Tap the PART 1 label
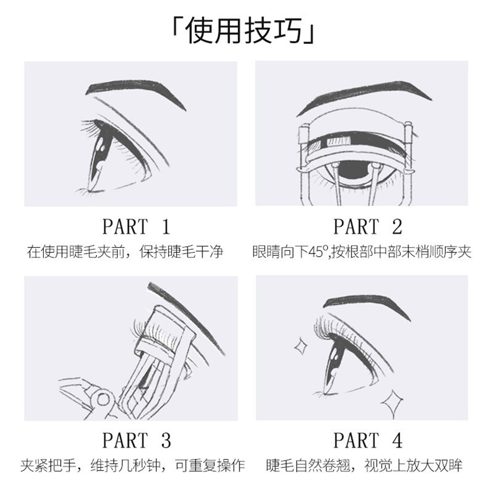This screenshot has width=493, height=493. (x=136, y=227)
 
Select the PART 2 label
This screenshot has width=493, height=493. (x=368, y=227)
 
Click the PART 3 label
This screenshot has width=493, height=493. (x=136, y=440)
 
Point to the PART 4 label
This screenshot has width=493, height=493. (x=368, y=440)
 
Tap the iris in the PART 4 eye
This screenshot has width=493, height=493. (x=334, y=360)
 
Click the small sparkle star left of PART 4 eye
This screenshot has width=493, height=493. (x=300, y=347)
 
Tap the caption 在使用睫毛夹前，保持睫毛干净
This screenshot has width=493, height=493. (x=125, y=253)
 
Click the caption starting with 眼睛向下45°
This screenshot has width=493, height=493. (x=361, y=253)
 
